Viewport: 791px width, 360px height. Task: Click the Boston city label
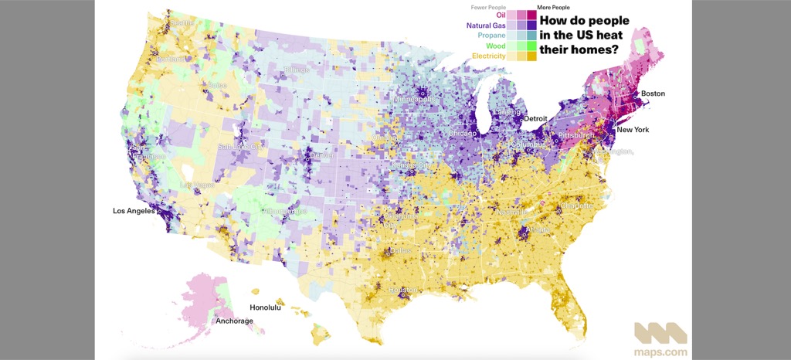coord(652,94)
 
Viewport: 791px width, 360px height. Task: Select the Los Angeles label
coord(134,211)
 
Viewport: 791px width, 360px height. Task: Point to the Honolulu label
coord(265,307)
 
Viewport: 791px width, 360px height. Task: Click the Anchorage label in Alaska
coord(234,321)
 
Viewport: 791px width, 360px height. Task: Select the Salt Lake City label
coord(241,146)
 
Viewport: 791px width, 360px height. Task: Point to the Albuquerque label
coord(286,211)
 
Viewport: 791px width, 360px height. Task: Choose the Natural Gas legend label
coord(486,25)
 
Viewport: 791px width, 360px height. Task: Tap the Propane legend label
coord(491,36)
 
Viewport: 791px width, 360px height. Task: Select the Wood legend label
coord(496,46)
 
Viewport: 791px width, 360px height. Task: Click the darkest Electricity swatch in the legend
coord(531,56)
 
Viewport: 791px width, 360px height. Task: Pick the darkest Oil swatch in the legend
coord(531,15)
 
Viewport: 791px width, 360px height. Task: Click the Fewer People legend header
coord(488,7)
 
